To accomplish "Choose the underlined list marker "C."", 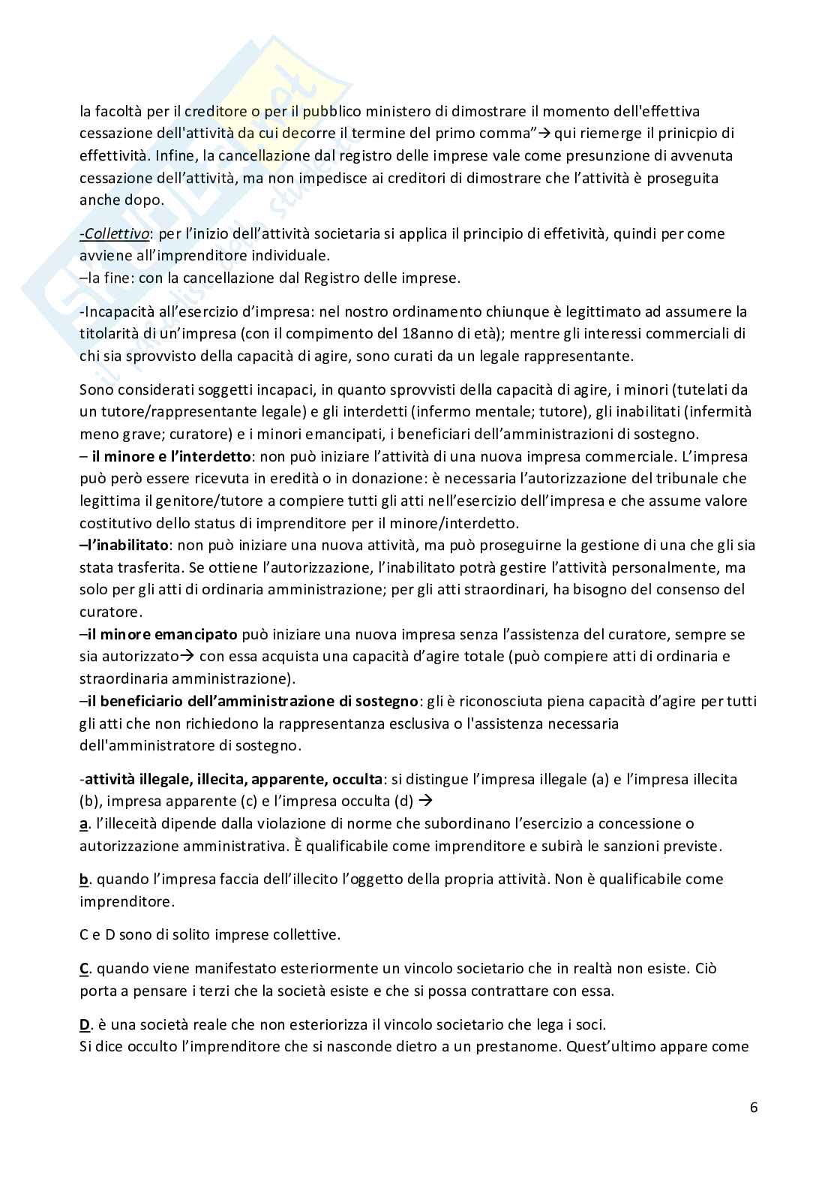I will [85, 968].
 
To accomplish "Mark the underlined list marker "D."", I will [85, 1024].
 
